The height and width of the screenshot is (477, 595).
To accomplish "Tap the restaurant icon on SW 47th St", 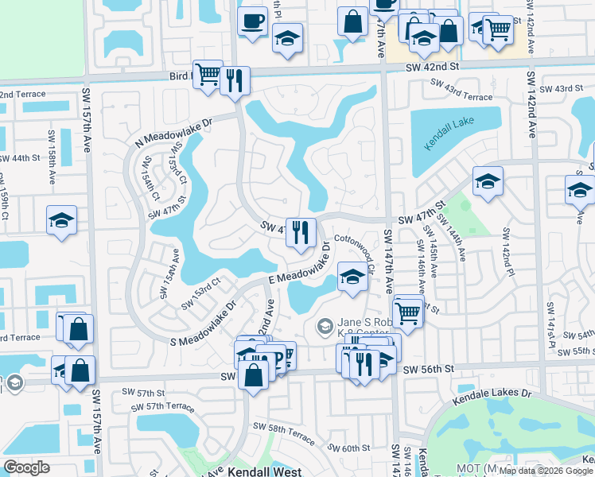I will tap(301, 232).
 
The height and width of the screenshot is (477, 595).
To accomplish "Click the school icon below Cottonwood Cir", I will tap(352, 277).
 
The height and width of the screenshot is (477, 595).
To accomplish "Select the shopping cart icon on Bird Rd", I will tap(208, 75).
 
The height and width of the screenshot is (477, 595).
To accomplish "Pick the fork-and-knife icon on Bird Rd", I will tap(235, 80).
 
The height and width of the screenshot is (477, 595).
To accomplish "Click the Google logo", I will tap(27, 467).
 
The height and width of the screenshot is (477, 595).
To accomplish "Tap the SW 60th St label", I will tap(350, 448).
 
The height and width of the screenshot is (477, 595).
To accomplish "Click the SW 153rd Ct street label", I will tap(200, 294).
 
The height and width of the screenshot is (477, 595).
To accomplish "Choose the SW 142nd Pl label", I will tap(504, 250).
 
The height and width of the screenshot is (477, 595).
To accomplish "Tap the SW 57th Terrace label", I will tap(165, 406).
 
